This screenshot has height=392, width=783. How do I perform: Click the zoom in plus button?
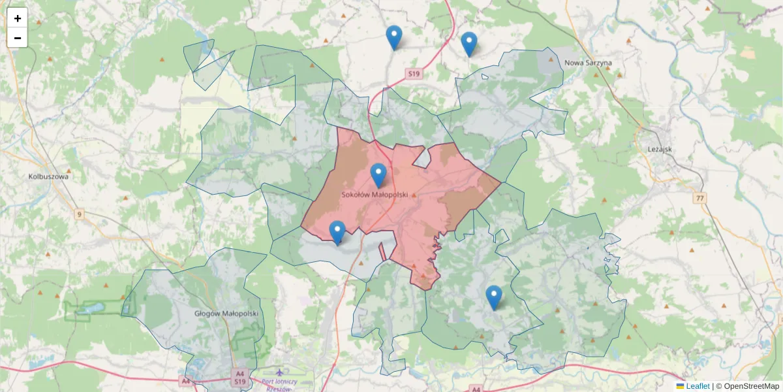(x=18, y=18)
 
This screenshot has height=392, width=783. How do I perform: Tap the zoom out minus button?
(x=18, y=38)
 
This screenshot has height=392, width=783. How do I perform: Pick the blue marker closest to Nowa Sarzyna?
(x=469, y=43)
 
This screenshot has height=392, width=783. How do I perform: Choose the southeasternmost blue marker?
(x=494, y=297)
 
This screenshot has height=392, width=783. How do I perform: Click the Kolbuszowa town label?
(x=49, y=176)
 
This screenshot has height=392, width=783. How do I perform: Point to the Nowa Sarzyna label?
(x=588, y=63)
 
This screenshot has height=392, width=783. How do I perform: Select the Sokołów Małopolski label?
(x=375, y=195)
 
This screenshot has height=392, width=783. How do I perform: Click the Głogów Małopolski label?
(x=226, y=314)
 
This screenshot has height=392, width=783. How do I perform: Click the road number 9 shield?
(x=79, y=214)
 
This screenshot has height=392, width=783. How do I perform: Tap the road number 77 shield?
(x=700, y=197)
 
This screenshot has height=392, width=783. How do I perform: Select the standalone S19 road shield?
(x=412, y=75)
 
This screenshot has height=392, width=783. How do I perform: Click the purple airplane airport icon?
(x=279, y=372)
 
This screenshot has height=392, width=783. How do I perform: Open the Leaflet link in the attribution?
(x=698, y=386)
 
